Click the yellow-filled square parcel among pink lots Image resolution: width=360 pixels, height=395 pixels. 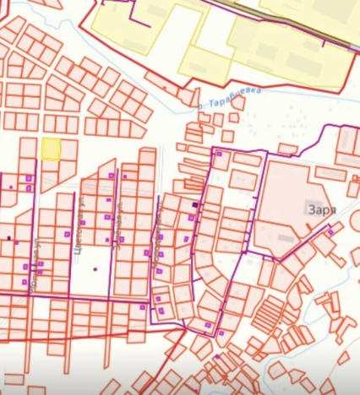click(51, 149)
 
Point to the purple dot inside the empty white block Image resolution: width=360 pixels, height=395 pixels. click(95, 269)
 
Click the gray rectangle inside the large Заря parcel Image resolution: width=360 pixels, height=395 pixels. click(286, 239)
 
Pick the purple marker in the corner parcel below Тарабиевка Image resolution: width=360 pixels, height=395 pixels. click(219, 155)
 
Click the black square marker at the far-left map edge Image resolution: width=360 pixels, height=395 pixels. click(9, 238)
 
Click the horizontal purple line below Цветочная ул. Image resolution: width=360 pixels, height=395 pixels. click(68, 298)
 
